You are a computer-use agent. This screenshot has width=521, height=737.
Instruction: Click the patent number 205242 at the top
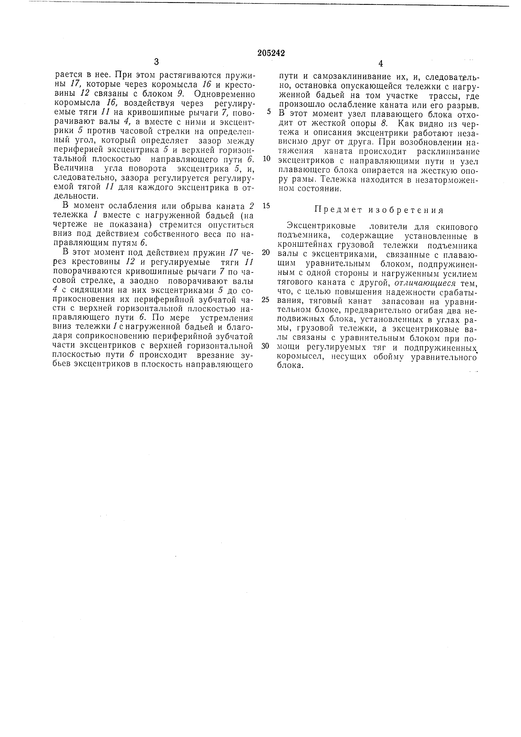(x=271, y=53)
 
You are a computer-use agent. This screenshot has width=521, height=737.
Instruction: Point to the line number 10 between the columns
(x=266, y=159)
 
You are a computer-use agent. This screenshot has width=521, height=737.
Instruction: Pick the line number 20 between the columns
(x=266, y=252)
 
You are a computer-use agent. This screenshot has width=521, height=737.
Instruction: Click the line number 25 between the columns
(x=266, y=299)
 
